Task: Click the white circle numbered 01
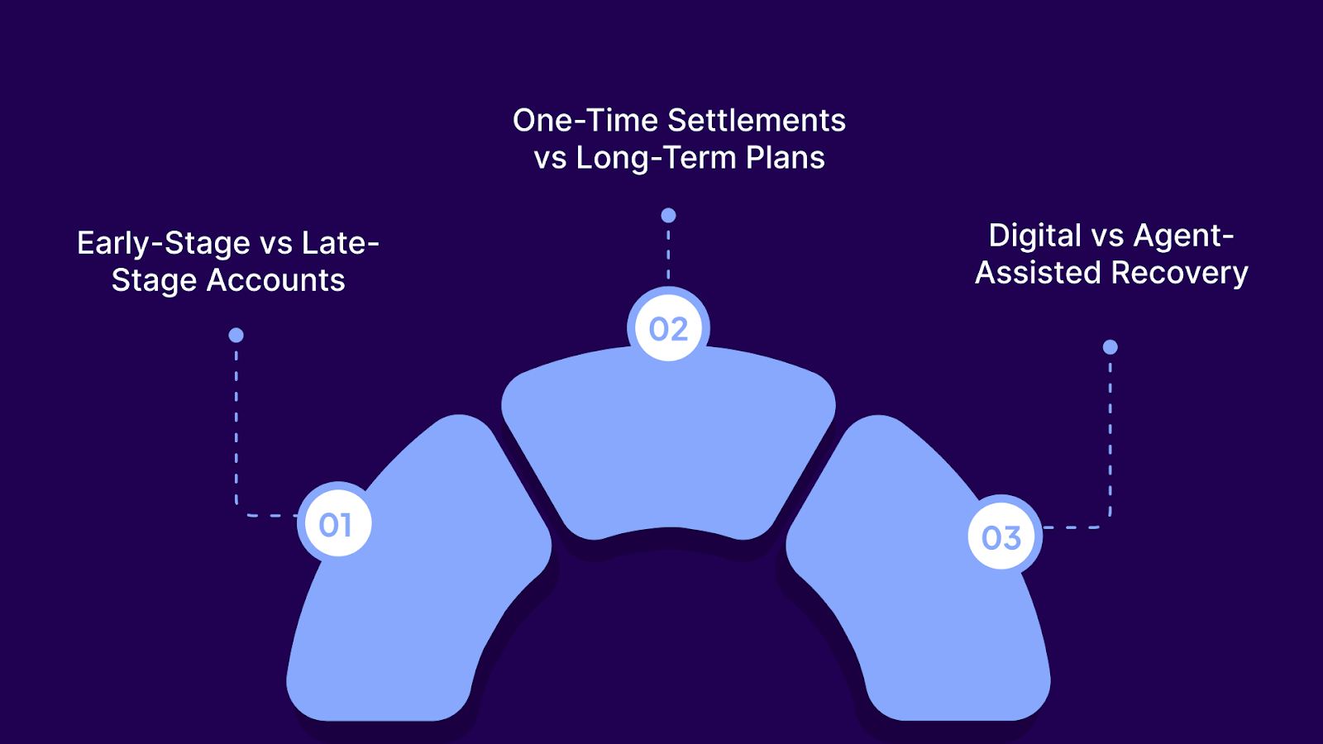pyautogui.click(x=335, y=524)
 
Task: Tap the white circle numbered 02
pyautogui.click(x=668, y=329)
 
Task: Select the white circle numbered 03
pyautogui.click(x=1001, y=537)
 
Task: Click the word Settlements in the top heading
pyautogui.click(x=757, y=121)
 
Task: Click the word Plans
pyautogui.click(x=785, y=158)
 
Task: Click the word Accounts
pyautogui.click(x=275, y=280)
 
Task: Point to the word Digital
pyautogui.click(x=1035, y=236)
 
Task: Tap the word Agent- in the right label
pyautogui.click(x=1183, y=236)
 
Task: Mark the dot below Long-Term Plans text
pyautogui.click(x=668, y=216)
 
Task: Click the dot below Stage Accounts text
pyautogui.click(x=236, y=335)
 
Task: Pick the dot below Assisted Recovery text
pyautogui.click(x=1110, y=347)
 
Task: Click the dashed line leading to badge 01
pyautogui.click(x=236, y=430)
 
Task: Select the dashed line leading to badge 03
pyautogui.click(x=1110, y=438)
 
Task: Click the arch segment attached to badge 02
pyautogui.click(x=668, y=446)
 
